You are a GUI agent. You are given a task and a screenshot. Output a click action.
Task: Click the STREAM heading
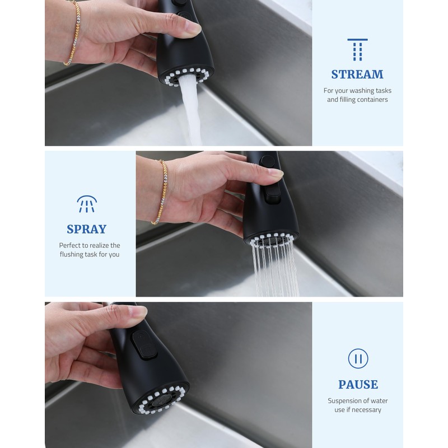[357, 74]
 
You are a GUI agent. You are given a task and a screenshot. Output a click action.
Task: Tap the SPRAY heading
[86, 229]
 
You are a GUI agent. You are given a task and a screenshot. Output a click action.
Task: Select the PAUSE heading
[358, 385]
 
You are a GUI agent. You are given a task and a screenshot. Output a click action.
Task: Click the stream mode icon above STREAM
[357, 50]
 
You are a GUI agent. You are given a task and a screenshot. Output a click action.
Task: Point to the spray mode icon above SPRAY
[86, 204]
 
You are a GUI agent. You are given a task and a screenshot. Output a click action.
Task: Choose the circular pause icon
[358, 358]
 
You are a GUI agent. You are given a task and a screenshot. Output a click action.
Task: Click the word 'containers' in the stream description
[370, 100]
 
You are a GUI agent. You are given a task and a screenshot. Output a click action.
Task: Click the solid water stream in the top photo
[189, 112]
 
